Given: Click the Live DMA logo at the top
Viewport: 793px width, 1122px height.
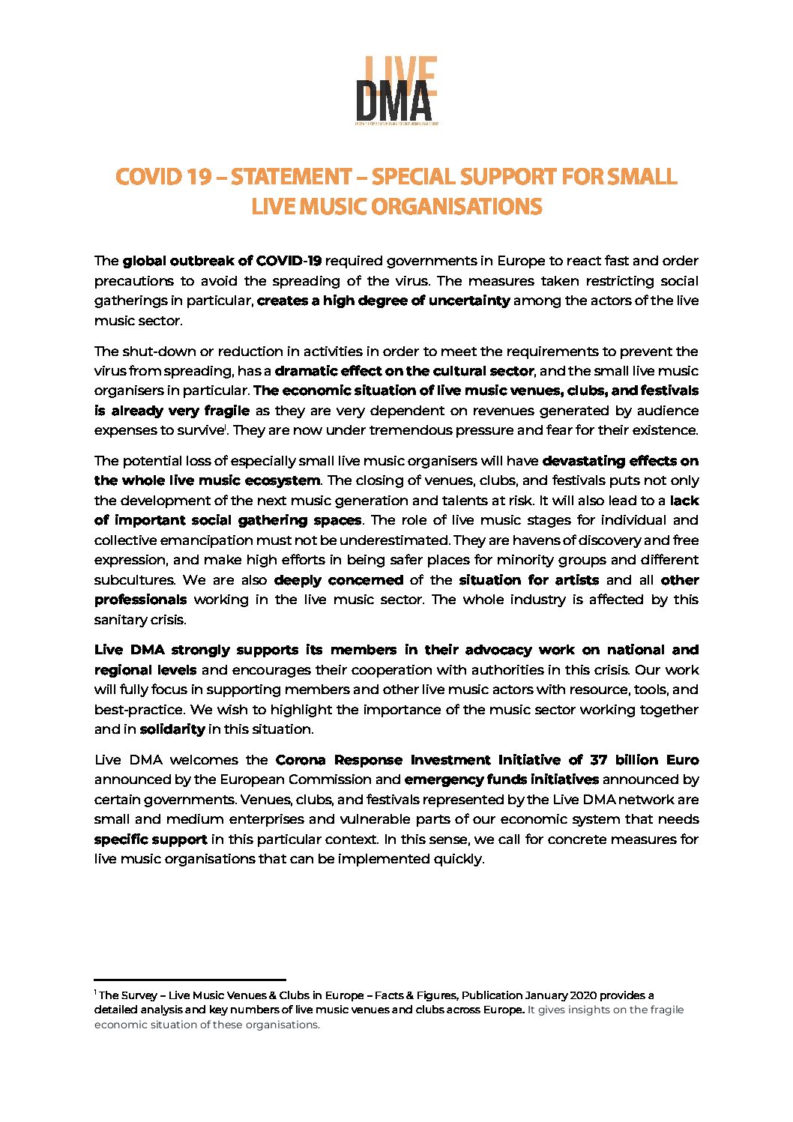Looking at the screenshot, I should pyautogui.click(x=396, y=91).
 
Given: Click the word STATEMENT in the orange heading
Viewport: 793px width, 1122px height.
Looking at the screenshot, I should pyautogui.click(x=291, y=177).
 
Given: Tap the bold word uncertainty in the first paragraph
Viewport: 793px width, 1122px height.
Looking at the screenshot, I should pyautogui.click(x=469, y=301).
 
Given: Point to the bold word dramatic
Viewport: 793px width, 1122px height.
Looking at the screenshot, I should pyautogui.click(x=305, y=371).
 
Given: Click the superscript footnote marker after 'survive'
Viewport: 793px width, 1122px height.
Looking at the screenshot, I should pyautogui.click(x=226, y=427).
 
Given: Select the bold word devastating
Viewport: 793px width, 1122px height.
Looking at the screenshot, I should pyautogui.click(x=583, y=461).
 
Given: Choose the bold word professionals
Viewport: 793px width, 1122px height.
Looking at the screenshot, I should pyautogui.click(x=140, y=600).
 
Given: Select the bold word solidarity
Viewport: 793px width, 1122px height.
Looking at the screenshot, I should pyautogui.click(x=172, y=729).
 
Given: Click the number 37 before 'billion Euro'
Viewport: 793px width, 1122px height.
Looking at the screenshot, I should pyautogui.click(x=598, y=760).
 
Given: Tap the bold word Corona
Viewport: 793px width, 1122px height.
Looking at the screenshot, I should pyautogui.click(x=301, y=760).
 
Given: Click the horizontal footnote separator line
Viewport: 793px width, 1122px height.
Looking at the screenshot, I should pyautogui.click(x=190, y=980).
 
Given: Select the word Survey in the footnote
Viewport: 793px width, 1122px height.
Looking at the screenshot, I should pyautogui.click(x=139, y=995).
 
